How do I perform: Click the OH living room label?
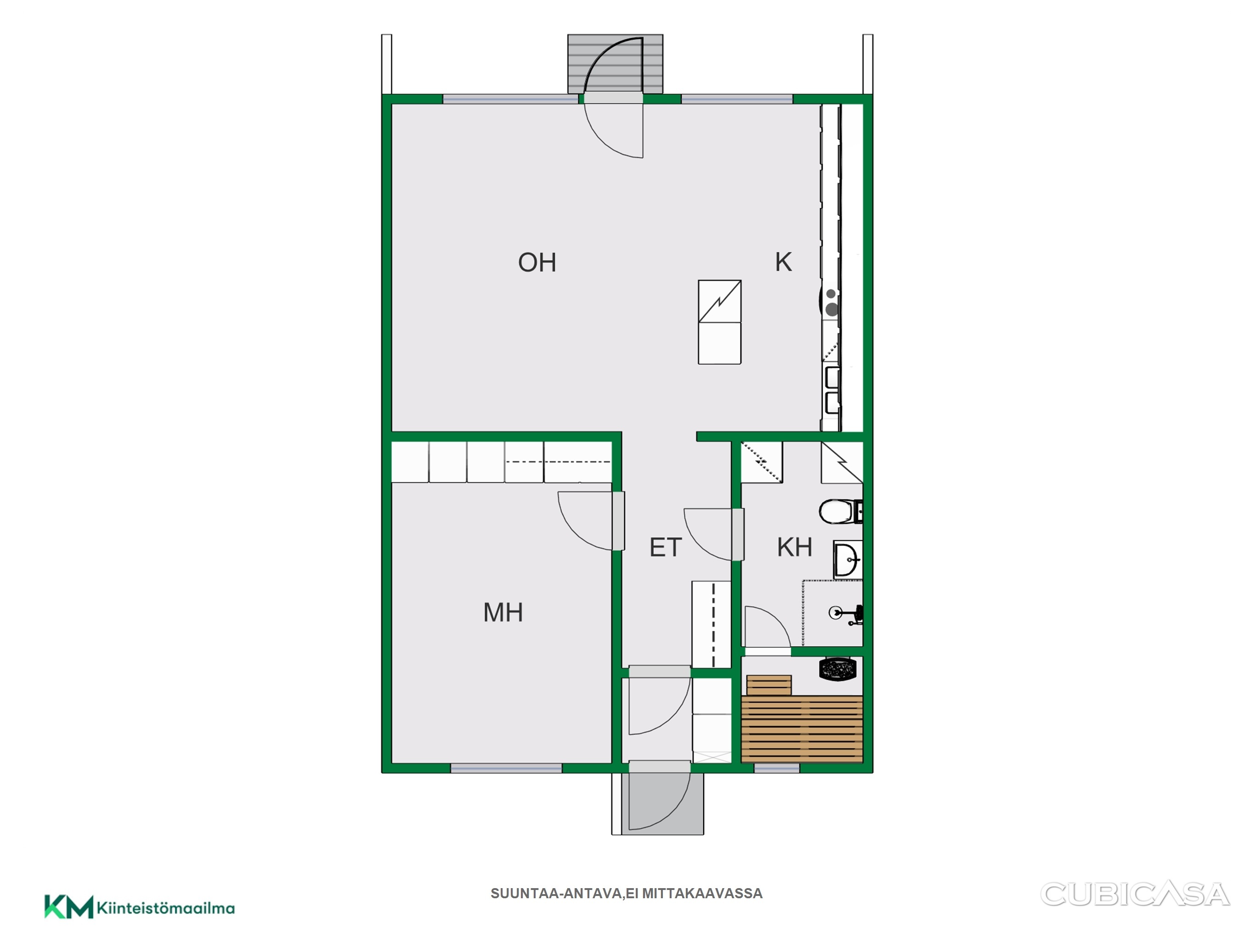click(537, 263)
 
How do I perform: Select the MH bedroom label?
click(503, 612)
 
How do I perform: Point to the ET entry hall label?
click(665, 548)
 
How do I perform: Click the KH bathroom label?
click(794, 547)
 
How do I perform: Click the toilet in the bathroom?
click(840, 512)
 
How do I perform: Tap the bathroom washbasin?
click(847, 559)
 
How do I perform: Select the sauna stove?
click(837, 669)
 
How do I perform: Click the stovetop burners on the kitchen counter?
click(830, 302)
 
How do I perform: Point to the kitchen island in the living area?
click(719, 322)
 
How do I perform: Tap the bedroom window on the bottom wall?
click(506, 768)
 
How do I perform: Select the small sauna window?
click(777, 768)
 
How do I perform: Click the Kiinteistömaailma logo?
click(140, 908)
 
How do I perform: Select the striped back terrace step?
click(615, 63)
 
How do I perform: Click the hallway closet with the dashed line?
click(712, 624)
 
